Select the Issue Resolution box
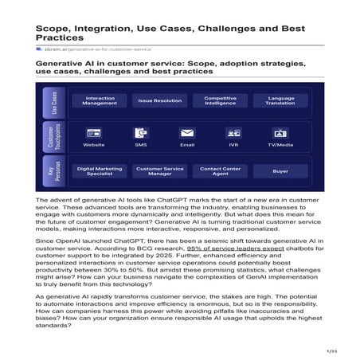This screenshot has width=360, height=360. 159,101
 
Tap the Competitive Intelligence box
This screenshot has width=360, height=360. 220,101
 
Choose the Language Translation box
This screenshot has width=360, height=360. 280,101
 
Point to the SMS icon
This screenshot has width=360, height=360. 140,133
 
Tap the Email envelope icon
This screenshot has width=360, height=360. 187,133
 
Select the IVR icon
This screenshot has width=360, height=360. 234,133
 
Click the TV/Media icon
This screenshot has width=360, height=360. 280,133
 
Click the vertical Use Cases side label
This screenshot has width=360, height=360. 54,101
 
